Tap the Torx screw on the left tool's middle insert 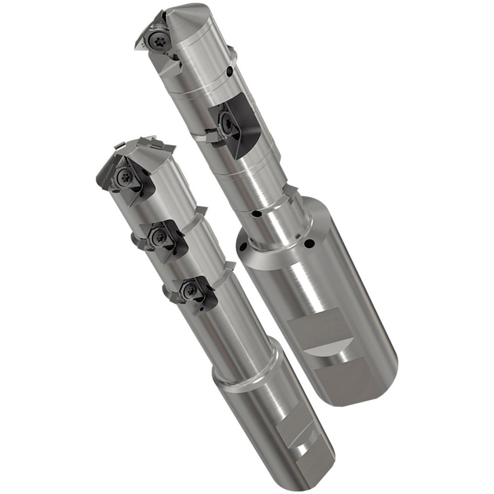(158, 237)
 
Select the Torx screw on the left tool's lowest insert (191, 291)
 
